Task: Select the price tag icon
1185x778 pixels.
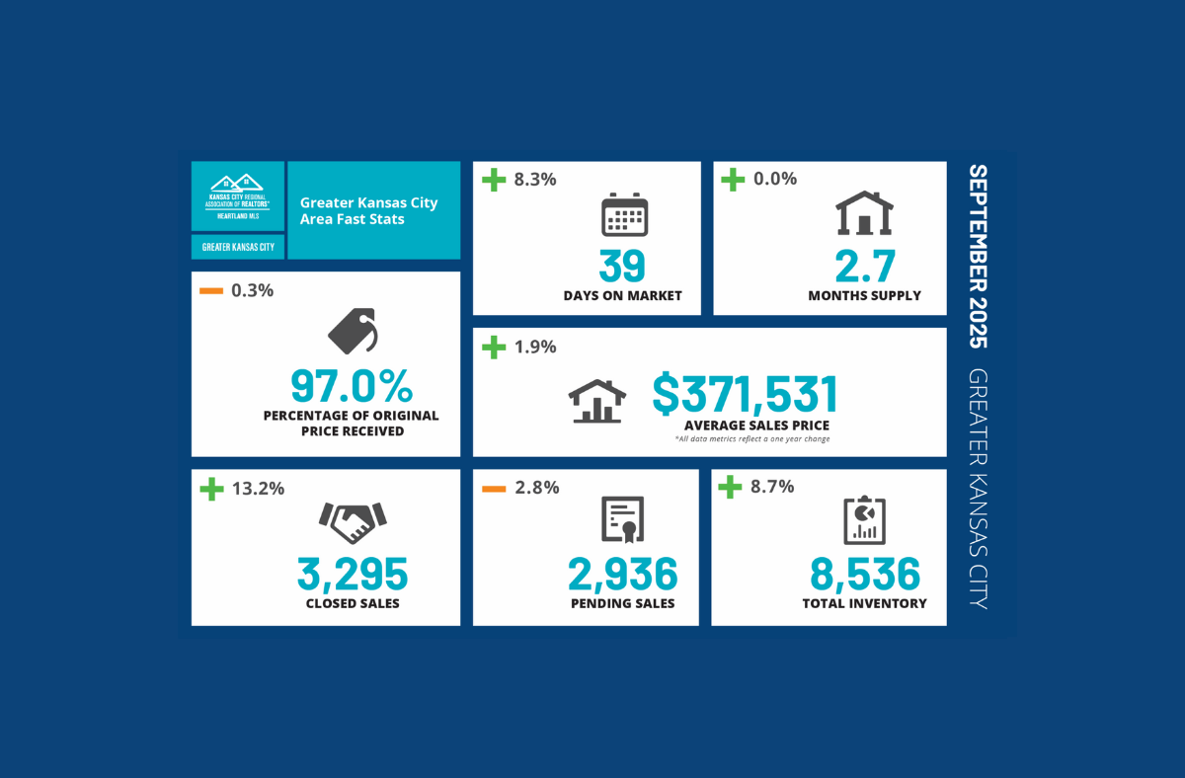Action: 353,332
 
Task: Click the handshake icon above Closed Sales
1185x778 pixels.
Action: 353,521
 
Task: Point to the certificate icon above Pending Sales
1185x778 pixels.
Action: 623,521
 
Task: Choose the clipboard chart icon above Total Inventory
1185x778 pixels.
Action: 864,520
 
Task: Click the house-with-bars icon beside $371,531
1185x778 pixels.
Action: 596,401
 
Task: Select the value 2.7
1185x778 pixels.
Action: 864,267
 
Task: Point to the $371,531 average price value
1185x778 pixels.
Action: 745,394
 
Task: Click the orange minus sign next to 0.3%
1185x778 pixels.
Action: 210,291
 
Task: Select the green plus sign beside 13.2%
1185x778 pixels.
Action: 210,488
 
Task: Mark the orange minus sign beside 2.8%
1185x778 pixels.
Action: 493,488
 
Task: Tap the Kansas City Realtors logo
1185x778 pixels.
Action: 237,196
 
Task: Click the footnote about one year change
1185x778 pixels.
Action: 752,438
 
